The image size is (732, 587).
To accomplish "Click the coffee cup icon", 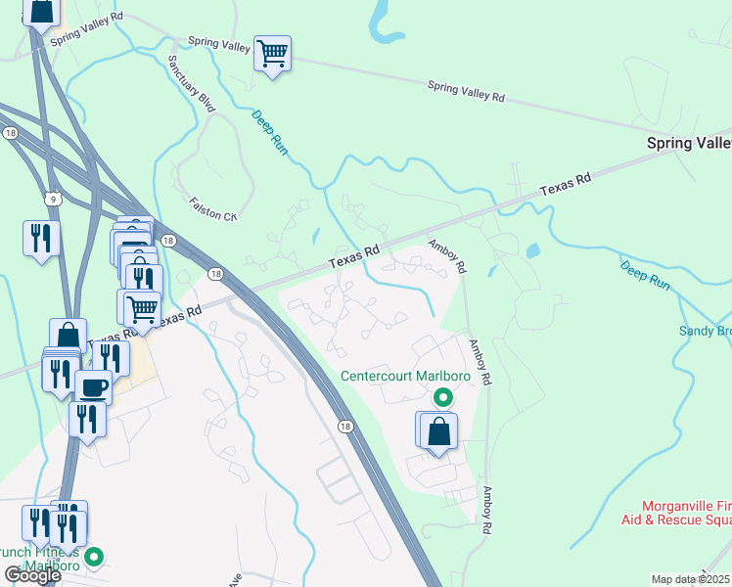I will (x=94, y=386).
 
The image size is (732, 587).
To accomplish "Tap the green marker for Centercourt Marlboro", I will (x=442, y=397).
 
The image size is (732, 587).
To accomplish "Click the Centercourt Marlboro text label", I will (x=405, y=376).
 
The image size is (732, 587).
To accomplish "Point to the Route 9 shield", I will (x=58, y=199).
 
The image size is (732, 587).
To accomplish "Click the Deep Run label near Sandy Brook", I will (x=644, y=273).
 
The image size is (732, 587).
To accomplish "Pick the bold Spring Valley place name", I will (x=689, y=143).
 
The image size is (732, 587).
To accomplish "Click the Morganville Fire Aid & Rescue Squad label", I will (x=676, y=511).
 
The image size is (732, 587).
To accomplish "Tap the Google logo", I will (x=31, y=574).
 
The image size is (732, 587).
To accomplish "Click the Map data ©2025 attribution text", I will (x=691, y=579).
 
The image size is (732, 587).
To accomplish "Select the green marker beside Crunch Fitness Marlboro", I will (x=95, y=559).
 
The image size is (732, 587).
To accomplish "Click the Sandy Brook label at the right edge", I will (x=705, y=331).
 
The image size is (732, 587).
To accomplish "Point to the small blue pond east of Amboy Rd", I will (x=532, y=250).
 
